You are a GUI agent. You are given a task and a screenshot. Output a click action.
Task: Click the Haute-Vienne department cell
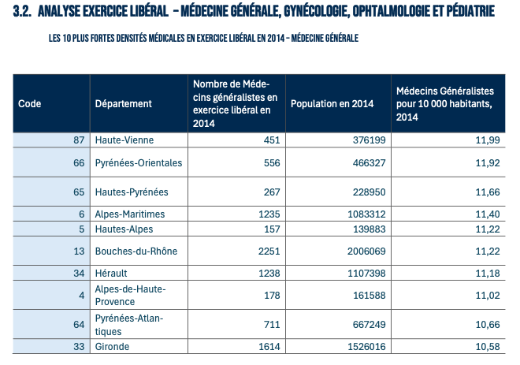(x=124, y=140)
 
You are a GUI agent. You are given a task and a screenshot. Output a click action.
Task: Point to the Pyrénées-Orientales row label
(x=138, y=163)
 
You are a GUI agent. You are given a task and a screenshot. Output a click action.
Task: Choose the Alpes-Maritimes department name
(x=130, y=214)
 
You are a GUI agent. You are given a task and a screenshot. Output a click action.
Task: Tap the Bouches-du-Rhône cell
(x=136, y=251)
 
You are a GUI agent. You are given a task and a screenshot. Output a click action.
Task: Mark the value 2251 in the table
(x=268, y=251)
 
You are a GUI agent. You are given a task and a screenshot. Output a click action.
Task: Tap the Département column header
(x=123, y=104)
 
